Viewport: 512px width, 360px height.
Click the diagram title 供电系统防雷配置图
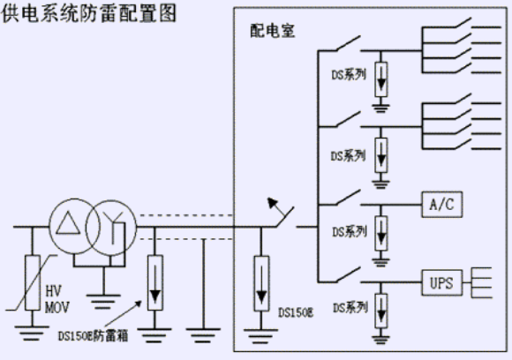pyautogui.click(x=89, y=14)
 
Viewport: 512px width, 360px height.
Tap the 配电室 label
pyautogui.click(x=273, y=31)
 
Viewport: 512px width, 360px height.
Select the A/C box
pyautogui.click(x=442, y=205)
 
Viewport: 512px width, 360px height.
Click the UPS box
pyautogui.click(x=441, y=282)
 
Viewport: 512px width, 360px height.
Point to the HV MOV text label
pyautogui.click(x=57, y=299)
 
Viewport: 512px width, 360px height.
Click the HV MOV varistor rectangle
pyautogui.click(x=33, y=282)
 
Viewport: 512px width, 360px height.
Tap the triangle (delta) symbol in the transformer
pyautogui.click(x=68, y=223)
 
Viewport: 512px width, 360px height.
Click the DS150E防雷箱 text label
pyautogui.click(x=93, y=336)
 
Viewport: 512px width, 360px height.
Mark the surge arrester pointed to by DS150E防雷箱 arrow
pyautogui.click(x=155, y=282)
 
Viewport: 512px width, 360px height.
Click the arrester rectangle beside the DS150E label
pyautogui.click(x=261, y=283)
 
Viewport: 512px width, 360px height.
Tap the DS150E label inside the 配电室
pyautogui.click(x=296, y=312)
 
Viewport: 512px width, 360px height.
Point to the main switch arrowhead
pyautogui.click(x=272, y=202)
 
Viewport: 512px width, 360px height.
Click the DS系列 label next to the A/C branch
pyautogui.click(x=350, y=232)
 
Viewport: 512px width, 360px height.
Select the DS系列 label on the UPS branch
pyautogui.click(x=350, y=307)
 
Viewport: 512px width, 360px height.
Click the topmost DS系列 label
pyautogui.click(x=349, y=75)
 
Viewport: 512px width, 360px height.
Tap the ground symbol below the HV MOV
pyautogui.click(x=32, y=333)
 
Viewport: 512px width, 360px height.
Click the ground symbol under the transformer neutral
pyautogui.click(x=103, y=302)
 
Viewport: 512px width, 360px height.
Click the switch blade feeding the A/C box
pyautogui.click(x=348, y=197)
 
